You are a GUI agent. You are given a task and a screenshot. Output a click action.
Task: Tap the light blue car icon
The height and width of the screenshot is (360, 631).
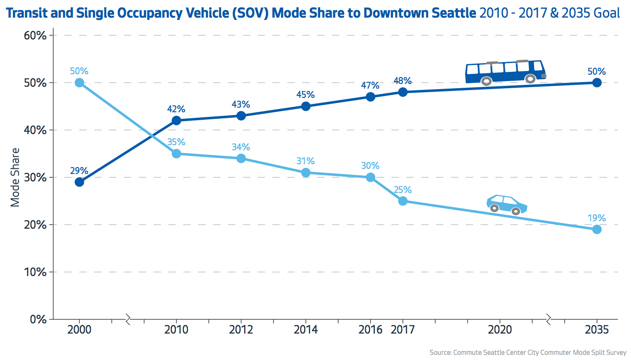point(506,205)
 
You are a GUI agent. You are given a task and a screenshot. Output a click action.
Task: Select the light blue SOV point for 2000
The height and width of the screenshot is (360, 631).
point(79,83)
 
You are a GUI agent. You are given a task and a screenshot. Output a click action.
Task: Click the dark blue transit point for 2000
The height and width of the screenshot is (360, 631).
point(79,182)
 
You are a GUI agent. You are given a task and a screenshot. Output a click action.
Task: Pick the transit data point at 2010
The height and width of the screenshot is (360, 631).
point(176,121)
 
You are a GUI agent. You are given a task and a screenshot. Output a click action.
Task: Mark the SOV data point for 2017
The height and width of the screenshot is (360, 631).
point(403,201)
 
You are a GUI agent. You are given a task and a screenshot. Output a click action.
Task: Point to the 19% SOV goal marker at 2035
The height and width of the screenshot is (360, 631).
point(597,229)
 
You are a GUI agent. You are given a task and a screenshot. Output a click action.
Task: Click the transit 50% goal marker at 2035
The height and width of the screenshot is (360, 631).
point(597,83)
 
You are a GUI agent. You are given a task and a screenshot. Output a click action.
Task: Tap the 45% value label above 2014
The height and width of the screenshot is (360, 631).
point(305,95)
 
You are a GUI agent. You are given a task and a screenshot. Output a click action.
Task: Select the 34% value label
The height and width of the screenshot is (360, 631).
point(241,147)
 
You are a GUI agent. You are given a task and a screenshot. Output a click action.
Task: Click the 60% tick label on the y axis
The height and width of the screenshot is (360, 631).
point(35,35)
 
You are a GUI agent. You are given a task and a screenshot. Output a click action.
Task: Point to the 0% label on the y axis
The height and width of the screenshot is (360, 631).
point(38,319)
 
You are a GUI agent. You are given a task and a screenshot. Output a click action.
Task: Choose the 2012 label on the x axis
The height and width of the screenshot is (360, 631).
point(241,330)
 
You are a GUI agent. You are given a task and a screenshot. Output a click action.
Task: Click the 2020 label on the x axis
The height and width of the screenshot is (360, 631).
point(500,330)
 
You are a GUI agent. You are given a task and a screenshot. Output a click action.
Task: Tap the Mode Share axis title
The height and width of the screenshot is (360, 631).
point(15,177)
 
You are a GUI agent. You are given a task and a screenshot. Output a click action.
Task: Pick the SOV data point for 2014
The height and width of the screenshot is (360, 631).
point(306,173)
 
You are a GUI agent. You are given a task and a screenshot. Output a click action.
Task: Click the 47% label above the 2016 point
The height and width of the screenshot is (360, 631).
point(370,86)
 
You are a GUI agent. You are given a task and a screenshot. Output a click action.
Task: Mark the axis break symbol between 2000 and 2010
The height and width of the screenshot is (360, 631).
point(128,319)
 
